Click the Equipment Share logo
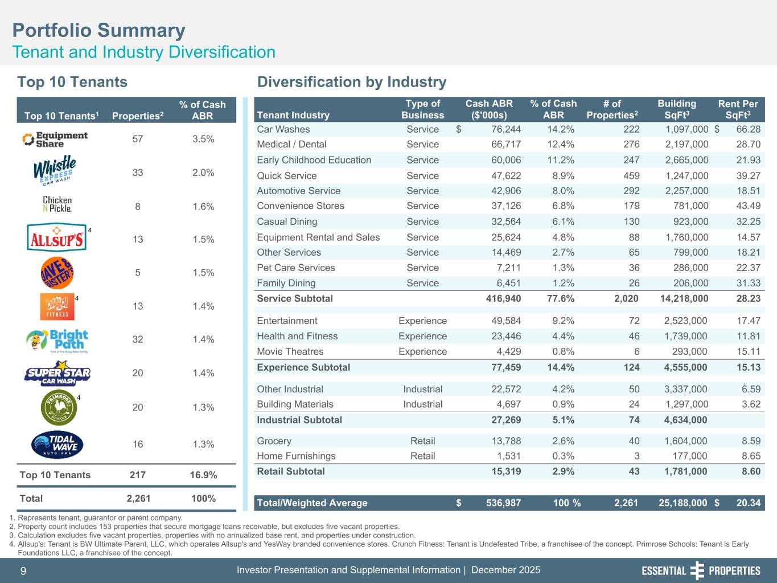(x=55, y=139)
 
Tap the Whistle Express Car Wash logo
(x=55, y=171)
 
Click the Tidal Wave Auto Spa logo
(x=57, y=445)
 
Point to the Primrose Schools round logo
(x=58, y=407)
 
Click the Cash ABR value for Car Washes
(x=500, y=129)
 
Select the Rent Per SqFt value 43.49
(x=745, y=206)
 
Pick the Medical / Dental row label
(x=291, y=145)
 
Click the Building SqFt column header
(x=676, y=109)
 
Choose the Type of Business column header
(x=422, y=109)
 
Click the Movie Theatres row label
(x=290, y=352)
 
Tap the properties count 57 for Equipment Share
(x=138, y=139)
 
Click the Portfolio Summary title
(x=99, y=30)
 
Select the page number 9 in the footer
(x=23, y=571)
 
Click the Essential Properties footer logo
(x=701, y=570)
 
